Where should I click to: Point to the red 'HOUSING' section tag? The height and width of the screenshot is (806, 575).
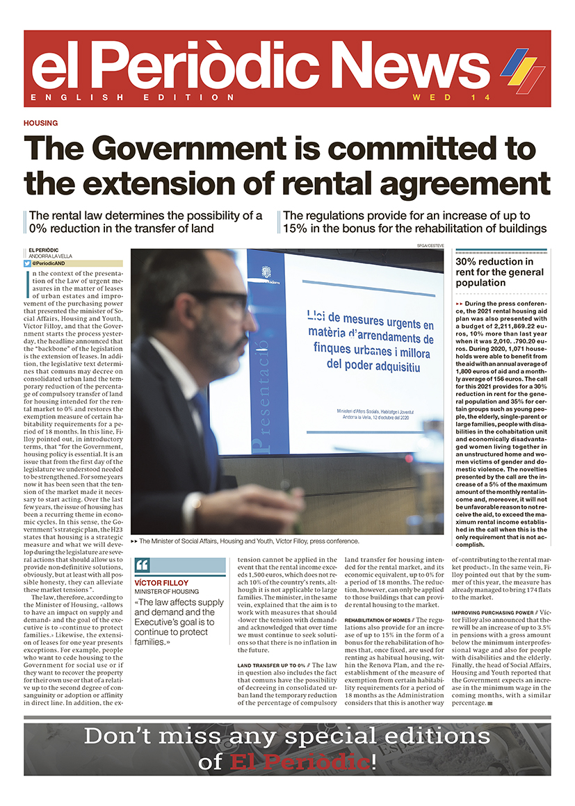click(40, 123)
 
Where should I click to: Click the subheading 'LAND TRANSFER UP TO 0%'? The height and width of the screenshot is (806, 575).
click(271, 666)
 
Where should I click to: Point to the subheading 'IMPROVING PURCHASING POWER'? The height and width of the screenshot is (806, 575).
click(494, 612)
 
